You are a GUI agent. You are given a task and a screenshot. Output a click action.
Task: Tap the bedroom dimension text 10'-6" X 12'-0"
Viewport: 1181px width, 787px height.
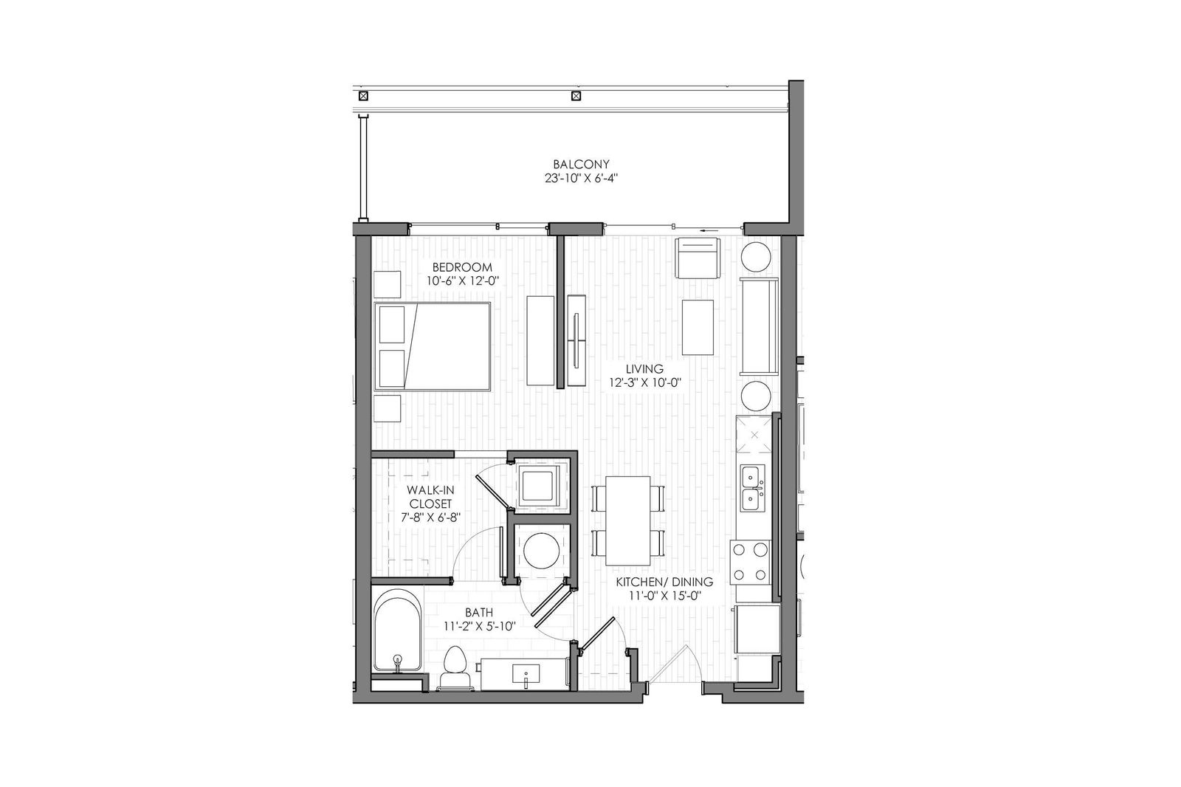click(x=462, y=281)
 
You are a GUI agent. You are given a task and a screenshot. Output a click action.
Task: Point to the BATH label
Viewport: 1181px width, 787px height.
click(x=479, y=612)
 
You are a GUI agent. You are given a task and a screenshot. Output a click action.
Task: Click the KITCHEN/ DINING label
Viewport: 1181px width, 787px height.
click(x=665, y=582)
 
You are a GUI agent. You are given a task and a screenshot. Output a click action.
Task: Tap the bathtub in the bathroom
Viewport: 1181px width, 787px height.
click(x=396, y=629)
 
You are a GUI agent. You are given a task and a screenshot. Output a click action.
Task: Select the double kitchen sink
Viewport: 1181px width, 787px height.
click(x=753, y=487)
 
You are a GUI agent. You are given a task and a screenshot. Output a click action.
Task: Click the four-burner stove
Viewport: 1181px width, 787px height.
click(x=750, y=561)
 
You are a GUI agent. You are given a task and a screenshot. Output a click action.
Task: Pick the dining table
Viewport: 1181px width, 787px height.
click(x=627, y=518)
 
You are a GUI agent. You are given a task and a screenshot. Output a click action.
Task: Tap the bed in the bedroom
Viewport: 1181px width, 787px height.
click(x=433, y=346)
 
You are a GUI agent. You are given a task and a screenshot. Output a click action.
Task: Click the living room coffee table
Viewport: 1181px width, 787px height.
click(x=698, y=327)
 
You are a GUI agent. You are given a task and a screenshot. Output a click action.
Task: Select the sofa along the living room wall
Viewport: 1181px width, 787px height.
click(x=759, y=327)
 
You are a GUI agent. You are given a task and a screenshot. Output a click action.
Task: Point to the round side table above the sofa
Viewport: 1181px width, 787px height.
click(x=757, y=257)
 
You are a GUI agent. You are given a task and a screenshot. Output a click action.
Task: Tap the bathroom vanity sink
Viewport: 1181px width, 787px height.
click(x=526, y=674)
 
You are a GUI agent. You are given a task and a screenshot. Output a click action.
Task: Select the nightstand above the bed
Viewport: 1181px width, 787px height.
click(x=387, y=284)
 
